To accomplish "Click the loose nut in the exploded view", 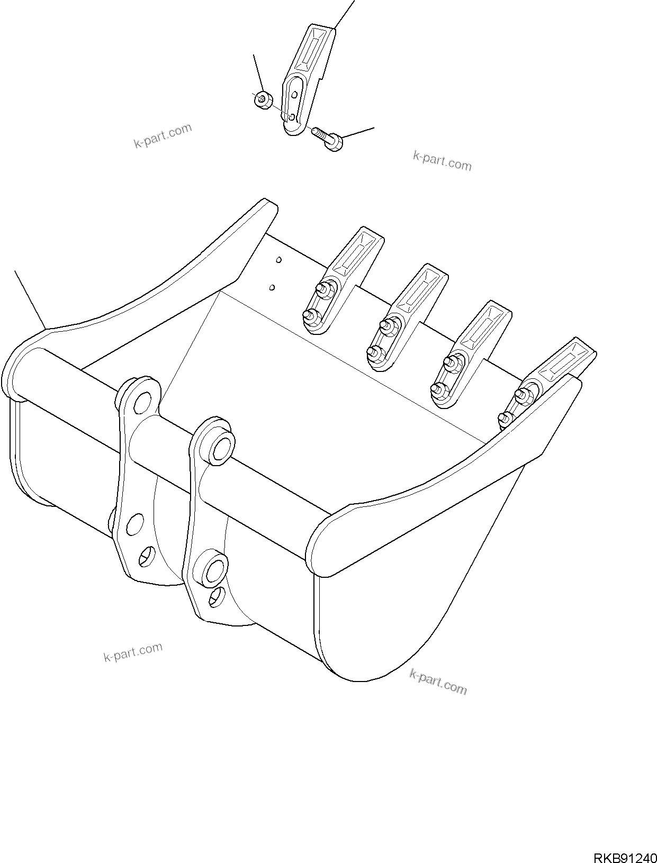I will [x=262, y=99].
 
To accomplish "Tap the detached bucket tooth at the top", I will [x=307, y=79].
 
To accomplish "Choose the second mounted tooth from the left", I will [x=408, y=317].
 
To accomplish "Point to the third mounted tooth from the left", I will [x=471, y=355].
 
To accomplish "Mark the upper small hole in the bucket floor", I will [x=278, y=260].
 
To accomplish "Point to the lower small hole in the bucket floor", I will [x=272, y=287].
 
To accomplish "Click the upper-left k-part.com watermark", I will [x=163, y=136].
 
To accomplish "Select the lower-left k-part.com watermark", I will [x=133, y=652].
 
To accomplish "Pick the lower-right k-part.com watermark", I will [x=438, y=682].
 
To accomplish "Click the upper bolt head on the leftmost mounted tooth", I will [x=321, y=288].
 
